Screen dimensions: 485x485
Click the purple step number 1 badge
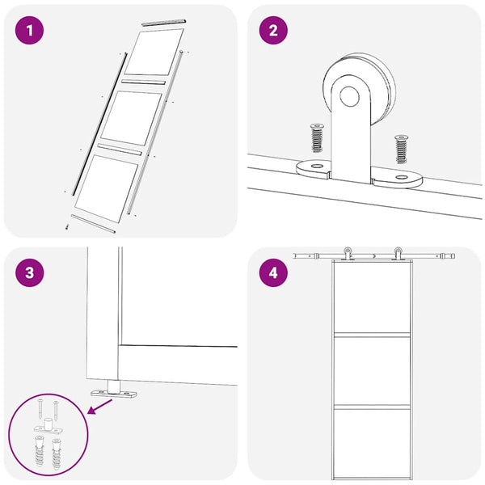click(29, 31)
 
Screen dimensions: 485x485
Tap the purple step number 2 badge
click(273, 31)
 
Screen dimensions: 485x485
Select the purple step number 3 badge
click(29, 272)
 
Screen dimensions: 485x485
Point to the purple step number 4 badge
click(273, 272)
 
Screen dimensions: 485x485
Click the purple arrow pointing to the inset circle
click(100, 406)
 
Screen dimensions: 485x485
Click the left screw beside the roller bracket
click(317, 137)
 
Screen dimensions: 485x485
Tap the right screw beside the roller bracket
click(401, 149)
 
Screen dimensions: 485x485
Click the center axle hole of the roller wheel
click(349, 96)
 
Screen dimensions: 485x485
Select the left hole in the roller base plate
click(316, 166)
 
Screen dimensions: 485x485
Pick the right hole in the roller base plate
click(402, 177)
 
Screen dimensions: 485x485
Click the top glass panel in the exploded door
click(154, 52)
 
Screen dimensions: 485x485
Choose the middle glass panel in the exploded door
click(132, 118)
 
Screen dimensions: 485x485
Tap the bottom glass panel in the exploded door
click(107, 188)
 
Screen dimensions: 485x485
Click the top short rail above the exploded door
click(163, 23)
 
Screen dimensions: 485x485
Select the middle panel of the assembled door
click(372, 370)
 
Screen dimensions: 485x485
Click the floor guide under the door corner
click(113, 390)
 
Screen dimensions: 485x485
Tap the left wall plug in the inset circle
click(40, 451)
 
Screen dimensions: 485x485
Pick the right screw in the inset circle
click(56, 411)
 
